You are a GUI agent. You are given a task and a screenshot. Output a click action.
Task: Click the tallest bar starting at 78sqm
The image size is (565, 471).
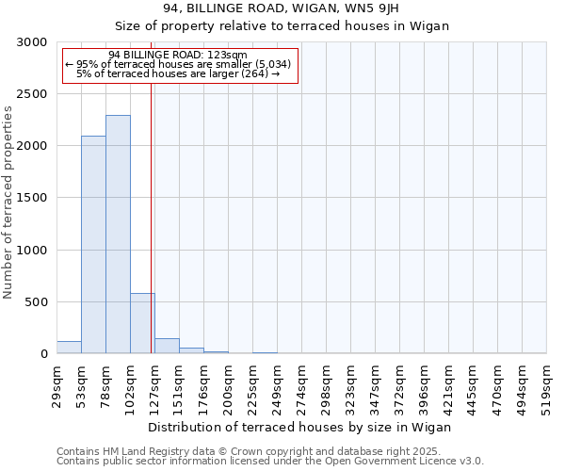[118, 235]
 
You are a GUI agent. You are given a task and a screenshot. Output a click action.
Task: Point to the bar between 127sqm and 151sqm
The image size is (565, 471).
[167, 346]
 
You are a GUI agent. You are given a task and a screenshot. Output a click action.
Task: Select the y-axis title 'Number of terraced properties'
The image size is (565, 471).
[8, 203]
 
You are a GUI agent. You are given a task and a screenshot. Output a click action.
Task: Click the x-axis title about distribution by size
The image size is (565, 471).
[300, 427]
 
